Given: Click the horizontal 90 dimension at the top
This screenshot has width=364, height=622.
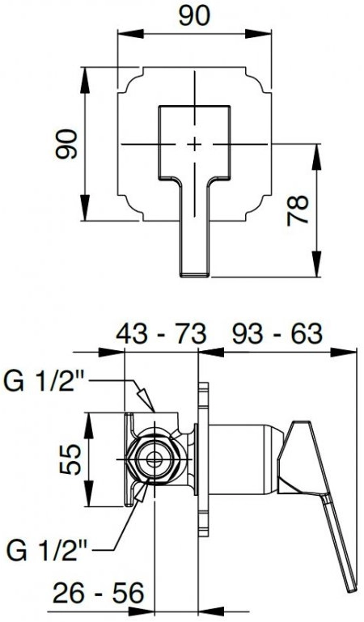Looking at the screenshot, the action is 194,17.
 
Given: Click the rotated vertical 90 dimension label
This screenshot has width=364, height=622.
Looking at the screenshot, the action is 66,144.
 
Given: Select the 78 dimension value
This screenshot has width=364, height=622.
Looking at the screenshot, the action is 298,210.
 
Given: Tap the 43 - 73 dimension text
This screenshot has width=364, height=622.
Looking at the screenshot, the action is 161,334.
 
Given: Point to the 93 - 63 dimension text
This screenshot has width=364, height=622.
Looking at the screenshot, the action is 277,334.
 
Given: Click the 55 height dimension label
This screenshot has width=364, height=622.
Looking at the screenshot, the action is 70,459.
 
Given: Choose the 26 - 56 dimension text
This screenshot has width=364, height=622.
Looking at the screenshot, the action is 98,594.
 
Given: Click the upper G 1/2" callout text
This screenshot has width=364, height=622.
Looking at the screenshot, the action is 44,382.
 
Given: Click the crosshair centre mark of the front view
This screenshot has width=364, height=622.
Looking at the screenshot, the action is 194,144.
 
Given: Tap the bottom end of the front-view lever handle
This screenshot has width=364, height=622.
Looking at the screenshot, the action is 194,275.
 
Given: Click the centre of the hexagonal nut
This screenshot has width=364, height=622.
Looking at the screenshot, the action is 153,459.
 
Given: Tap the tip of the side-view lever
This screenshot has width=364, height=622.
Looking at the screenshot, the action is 352,591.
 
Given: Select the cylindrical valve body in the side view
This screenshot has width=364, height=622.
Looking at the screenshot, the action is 243,459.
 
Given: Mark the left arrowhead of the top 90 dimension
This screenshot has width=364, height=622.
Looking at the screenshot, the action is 130,34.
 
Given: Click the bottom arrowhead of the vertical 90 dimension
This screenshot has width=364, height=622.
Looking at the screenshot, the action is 86,207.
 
